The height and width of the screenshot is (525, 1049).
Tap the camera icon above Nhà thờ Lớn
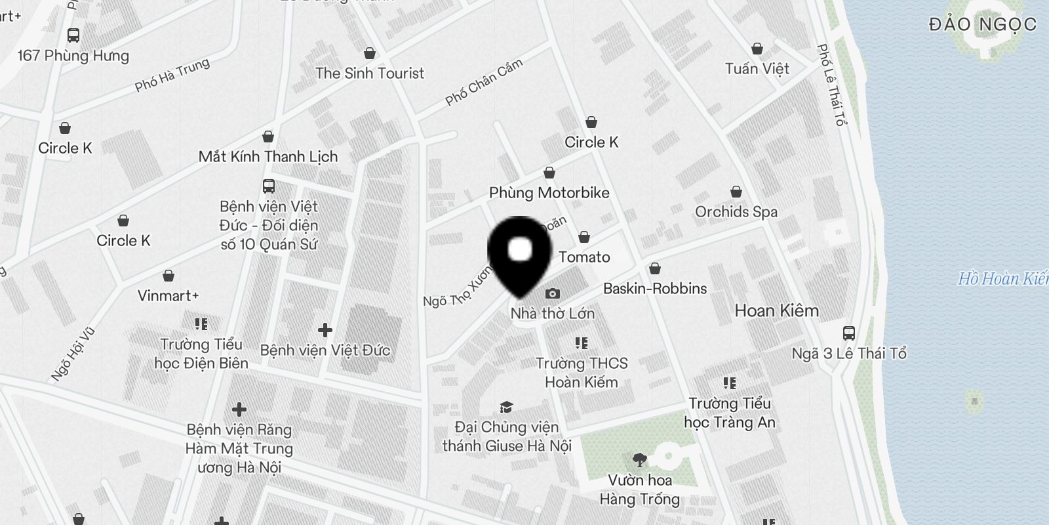553,293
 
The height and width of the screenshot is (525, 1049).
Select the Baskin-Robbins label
654,289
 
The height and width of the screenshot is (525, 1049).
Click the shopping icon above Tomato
584,237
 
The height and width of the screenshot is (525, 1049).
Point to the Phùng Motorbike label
549,193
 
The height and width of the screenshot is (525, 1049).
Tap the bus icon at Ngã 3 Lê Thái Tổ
849,333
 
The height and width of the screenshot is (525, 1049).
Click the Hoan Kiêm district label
776,310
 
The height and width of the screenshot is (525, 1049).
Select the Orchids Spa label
736,212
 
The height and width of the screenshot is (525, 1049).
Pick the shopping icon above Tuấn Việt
757,49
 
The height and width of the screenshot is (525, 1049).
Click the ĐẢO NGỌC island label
982,25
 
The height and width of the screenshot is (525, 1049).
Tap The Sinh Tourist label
370,73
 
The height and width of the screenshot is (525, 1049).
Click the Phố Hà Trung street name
172,75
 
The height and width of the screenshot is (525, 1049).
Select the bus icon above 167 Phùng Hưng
73,35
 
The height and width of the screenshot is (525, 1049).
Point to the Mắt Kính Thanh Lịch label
268,157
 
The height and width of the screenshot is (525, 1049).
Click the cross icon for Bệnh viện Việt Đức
325,329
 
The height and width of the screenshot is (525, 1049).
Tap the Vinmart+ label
168,296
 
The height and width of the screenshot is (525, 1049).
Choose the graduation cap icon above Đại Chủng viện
506,408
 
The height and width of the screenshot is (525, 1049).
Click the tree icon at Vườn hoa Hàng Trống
639,460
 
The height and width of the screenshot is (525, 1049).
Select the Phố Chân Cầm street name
484,83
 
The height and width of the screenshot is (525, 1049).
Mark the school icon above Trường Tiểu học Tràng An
729,383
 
